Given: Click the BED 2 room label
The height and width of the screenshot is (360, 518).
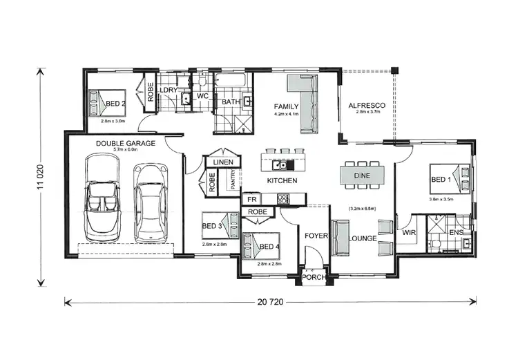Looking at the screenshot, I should [115, 104].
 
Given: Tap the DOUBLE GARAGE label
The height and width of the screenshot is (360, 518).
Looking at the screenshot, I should [126, 143].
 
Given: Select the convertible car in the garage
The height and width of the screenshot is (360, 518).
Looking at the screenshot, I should [102, 198].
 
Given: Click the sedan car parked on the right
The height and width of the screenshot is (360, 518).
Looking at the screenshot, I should [150, 202].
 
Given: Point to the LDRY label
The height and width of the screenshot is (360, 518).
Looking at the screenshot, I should [169, 91].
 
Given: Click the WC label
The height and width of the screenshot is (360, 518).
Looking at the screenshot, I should [202, 95].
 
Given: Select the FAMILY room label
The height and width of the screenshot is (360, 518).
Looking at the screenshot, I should [286, 106].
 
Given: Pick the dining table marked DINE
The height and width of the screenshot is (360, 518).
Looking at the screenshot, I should [362, 176].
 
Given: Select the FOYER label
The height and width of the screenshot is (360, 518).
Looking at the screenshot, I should [315, 236].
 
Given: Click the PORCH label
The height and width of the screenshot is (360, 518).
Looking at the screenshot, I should [314, 278].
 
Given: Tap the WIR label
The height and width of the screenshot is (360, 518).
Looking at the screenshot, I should [409, 233].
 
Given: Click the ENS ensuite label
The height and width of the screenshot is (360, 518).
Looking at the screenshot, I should [457, 233].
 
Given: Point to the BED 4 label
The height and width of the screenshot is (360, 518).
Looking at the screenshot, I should [270, 246].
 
